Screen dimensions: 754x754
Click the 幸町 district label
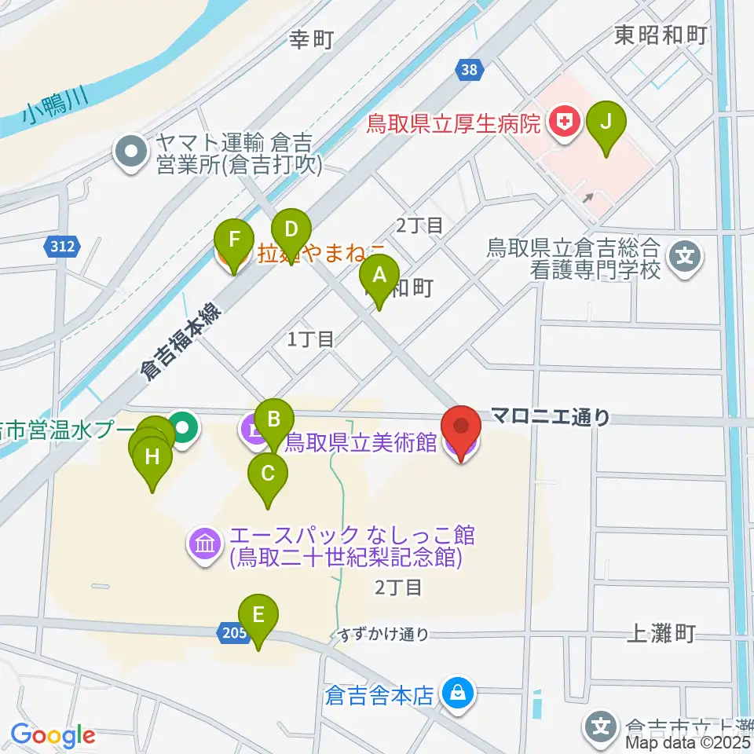311,38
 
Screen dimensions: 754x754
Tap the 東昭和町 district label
661,35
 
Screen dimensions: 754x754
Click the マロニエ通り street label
550,417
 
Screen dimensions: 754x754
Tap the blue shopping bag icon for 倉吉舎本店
455,693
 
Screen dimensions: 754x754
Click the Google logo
53,736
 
